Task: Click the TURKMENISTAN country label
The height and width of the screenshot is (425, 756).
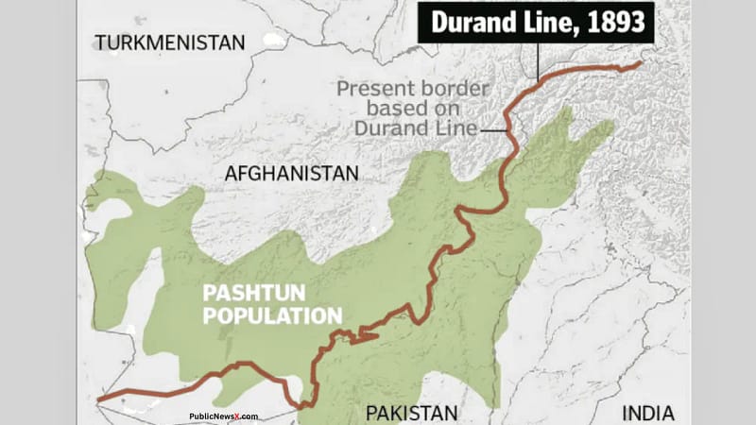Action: pos(169,42)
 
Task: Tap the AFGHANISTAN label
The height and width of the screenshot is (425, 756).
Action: pos(292,174)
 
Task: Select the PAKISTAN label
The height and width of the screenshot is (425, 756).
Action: pos(412,413)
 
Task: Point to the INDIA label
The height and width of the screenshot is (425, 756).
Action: pos(647,413)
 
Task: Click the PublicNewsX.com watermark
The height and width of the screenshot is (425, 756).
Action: pos(224,416)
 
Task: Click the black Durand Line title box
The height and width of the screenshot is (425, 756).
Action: pos(537,21)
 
